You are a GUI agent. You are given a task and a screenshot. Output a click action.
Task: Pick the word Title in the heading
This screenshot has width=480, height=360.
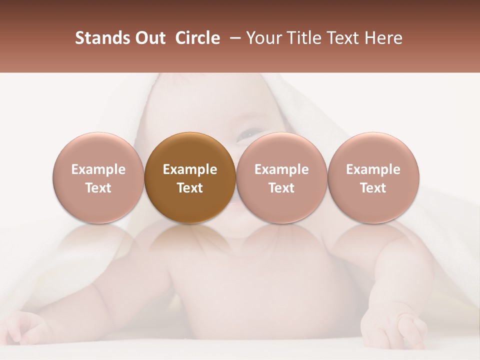(305, 38)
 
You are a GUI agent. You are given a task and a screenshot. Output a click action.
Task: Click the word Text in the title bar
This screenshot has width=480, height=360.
(344, 38)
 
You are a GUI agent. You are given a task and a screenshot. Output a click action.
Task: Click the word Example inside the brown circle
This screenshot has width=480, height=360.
(190, 169)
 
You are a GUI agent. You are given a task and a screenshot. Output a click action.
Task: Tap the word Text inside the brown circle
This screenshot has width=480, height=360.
(190, 188)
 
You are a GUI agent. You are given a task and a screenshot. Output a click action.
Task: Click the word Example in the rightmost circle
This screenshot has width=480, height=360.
(373, 169)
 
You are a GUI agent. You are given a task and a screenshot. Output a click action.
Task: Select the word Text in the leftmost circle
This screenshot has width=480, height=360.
(98, 188)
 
